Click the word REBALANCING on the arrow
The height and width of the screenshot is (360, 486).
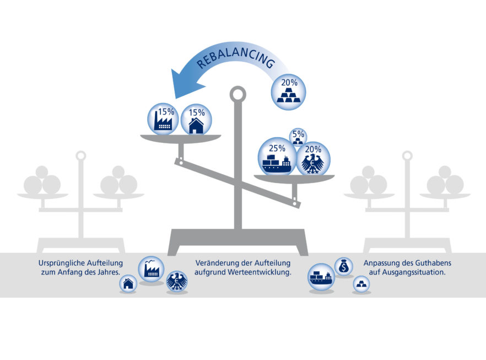[236, 58]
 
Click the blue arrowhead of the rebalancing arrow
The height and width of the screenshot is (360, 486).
[186, 84]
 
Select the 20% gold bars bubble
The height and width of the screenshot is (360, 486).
[289, 92]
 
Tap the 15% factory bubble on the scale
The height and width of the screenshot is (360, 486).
[163, 119]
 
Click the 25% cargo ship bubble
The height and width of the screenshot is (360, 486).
[277, 157]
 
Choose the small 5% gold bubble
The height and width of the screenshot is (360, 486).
[298, 137]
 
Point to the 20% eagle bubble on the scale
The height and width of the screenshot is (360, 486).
[314, 158]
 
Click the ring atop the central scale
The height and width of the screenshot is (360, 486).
[237, 94]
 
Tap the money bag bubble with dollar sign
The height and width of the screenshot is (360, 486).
[344, 266]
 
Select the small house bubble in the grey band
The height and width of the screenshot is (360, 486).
[128, 283]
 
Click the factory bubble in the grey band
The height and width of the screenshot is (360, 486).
[151, 269]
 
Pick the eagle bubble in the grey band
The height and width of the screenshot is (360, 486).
[177, 282]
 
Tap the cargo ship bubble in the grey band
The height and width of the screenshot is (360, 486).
[321, 277]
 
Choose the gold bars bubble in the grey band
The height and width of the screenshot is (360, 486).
[361, 284]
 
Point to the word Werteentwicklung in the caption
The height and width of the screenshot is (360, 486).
[259, 272]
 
